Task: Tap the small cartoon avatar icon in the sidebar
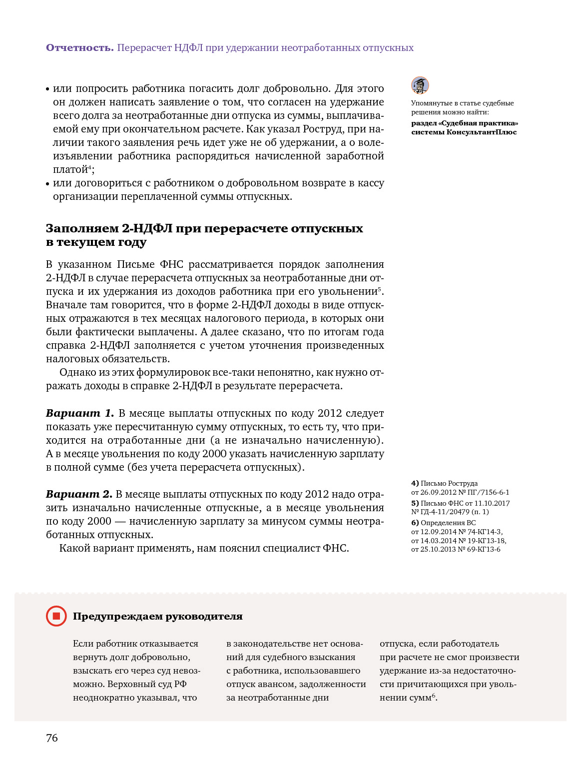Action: pos(420,85)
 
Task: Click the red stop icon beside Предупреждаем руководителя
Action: pos(56,616)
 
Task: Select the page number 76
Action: pos(52,738)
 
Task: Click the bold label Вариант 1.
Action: pos(80,413)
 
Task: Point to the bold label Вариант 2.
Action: pos(79,494)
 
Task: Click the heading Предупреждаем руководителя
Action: pos(158,616)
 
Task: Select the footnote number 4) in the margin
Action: pos(415,483)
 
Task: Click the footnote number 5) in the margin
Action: pos(415,503)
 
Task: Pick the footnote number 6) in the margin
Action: pos(415,523)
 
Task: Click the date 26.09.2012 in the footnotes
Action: pos(438,492)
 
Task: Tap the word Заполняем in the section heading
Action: pos(82,228)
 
